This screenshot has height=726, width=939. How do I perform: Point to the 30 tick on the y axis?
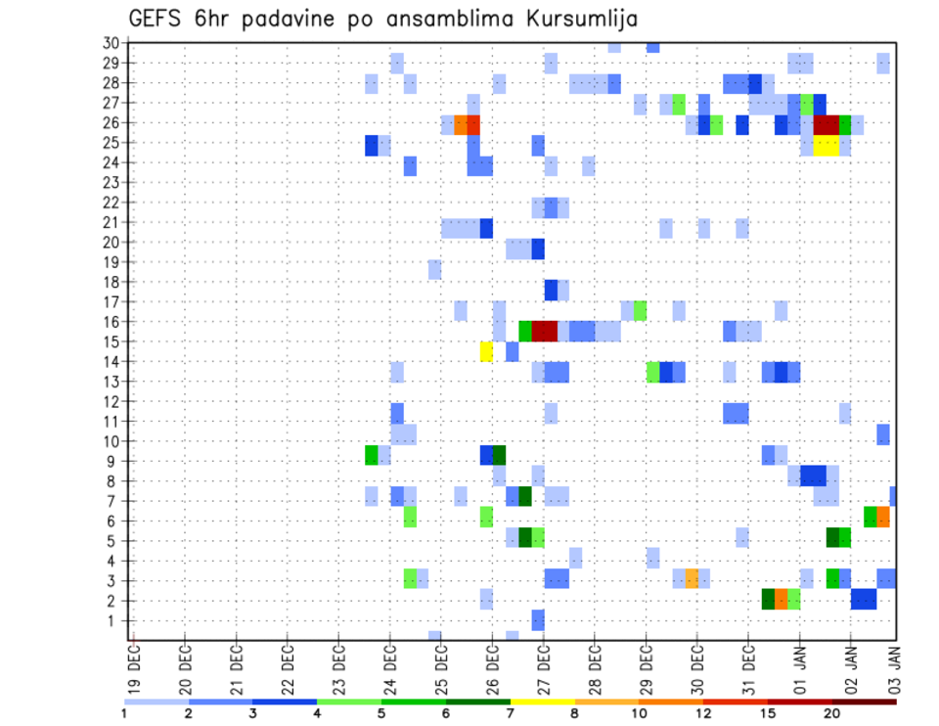pos(111,43)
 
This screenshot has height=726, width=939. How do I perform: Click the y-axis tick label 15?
pos(111,341)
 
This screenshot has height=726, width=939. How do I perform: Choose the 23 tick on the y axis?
pos(111,182)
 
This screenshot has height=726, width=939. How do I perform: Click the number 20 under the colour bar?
pos(832,712)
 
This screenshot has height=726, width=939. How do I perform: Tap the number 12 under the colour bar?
pos(703,712)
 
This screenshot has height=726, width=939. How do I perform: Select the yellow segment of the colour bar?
pos(543,702)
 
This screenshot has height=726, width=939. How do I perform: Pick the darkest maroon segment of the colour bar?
pos(865,702)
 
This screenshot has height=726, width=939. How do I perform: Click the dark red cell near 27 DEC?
pos(544,331)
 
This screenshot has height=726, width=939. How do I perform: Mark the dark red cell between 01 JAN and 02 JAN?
pos(826,124)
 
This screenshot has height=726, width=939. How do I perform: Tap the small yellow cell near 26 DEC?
pos(486,351)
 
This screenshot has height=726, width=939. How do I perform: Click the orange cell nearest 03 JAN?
pos(883,517)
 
